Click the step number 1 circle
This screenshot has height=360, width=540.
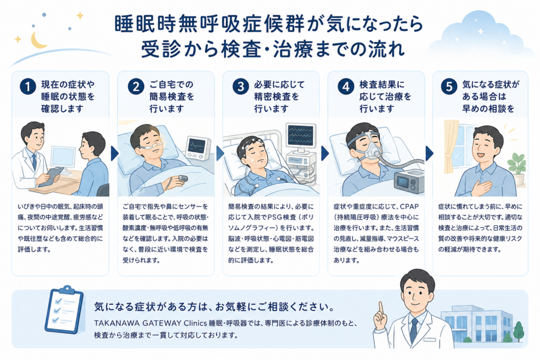click(28, 86)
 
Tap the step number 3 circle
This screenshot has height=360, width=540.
click(240, 86)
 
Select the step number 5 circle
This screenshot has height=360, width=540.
click(449, 86)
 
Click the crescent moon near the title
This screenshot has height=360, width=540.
click(37, 41)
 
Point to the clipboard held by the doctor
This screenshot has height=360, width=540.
click(51, 177)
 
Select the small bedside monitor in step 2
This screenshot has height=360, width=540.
click(198, 148)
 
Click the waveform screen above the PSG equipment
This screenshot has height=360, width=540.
click(301, 135)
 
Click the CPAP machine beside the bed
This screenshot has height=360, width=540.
click(409, 181)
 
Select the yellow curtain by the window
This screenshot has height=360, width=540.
click(450, 148)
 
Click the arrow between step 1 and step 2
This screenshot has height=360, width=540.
click(114, 153)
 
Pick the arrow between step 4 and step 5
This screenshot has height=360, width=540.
click(429, 153)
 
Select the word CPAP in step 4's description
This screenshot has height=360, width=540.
click(409, 207)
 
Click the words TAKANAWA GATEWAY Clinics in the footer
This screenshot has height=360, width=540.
click(150, 323)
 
